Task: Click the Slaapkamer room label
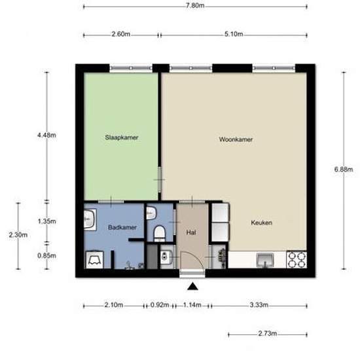coord(122,137)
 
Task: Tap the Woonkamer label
coord(236,139)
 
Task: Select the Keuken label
coord(262,223)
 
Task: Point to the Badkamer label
coord(122,228)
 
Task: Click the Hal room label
coord(191,232)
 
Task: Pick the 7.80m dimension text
coord(195,5)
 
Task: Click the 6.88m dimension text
coord(344,170)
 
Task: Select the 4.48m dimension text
coord(46,135)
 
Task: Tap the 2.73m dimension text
coord(268,333)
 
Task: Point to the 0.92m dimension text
coord(160,305)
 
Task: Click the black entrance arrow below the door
coord(192,287)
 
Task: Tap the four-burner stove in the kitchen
coord(297,260)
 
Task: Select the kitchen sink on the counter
coord(265,260)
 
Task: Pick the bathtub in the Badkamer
coord(94,260)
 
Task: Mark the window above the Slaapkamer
coord(131,68)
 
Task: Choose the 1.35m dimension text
coord(46,221)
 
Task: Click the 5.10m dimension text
coord(234,34)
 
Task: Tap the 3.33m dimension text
coord(259,305)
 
